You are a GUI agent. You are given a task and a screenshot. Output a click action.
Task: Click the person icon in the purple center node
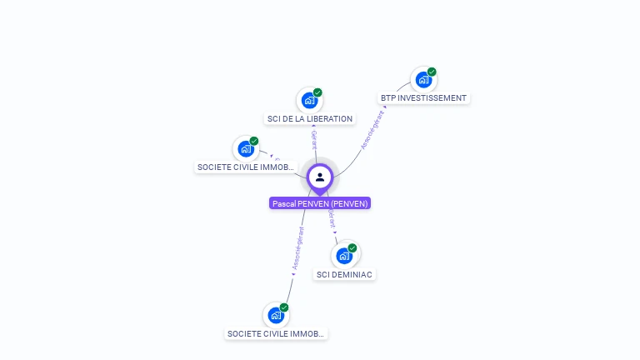320,177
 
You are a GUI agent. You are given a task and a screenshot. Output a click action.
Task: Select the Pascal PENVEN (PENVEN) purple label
320,203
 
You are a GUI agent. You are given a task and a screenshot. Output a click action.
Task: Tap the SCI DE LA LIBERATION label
309,118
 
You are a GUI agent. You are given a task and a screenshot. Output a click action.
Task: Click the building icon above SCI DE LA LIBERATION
310,101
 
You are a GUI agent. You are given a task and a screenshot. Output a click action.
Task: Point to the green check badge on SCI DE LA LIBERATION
317,92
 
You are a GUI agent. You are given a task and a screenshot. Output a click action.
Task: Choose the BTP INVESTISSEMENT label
423,97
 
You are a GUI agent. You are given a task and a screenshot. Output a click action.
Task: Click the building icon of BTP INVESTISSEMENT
423,80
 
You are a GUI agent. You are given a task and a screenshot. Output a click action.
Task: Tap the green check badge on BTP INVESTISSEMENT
432,72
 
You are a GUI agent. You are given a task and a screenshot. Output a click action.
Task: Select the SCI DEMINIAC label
345,274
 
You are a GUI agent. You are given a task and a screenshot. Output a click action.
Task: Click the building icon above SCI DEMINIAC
344,255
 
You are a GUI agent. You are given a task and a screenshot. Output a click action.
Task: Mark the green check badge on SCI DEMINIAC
352,247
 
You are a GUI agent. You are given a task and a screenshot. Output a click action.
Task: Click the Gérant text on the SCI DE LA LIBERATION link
313,138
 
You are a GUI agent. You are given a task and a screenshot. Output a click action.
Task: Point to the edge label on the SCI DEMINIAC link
332,219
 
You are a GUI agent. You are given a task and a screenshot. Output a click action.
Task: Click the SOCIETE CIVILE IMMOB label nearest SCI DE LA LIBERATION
246,167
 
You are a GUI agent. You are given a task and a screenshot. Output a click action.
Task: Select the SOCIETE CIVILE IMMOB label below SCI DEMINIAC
276,333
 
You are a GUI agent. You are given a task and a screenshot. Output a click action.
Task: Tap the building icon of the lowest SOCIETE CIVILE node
276,316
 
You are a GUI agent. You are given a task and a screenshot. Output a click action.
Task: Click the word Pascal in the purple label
284,203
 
